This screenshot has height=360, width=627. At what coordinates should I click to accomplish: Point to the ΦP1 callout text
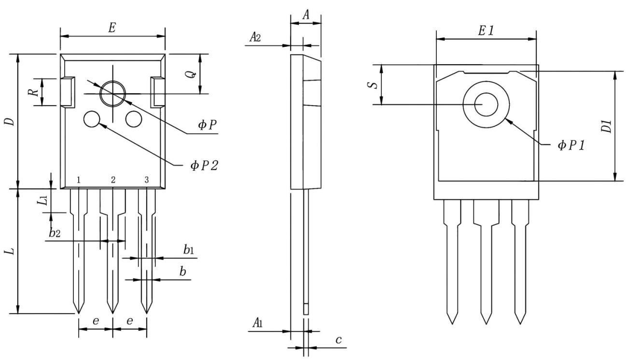pyautogui.click(x=571, y=145)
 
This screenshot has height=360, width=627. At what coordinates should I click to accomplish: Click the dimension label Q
pyautogui.click(x=191, y=74)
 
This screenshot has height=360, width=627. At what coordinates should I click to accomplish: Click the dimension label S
pyautogui.click(x=371, y=85)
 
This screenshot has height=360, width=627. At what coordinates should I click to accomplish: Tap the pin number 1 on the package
pyautogui.click(x=78, y=180)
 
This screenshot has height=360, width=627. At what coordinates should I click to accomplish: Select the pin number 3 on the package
pyautogui.click(x=146, y=180)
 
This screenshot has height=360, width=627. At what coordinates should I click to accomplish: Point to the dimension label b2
pyautogui.click(x=55, y=234)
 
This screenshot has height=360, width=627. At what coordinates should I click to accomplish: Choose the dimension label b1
pyautogui.click(x=188, y=249)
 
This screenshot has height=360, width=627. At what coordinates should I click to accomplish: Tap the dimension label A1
pyautogui.click(x=257, y=322)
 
